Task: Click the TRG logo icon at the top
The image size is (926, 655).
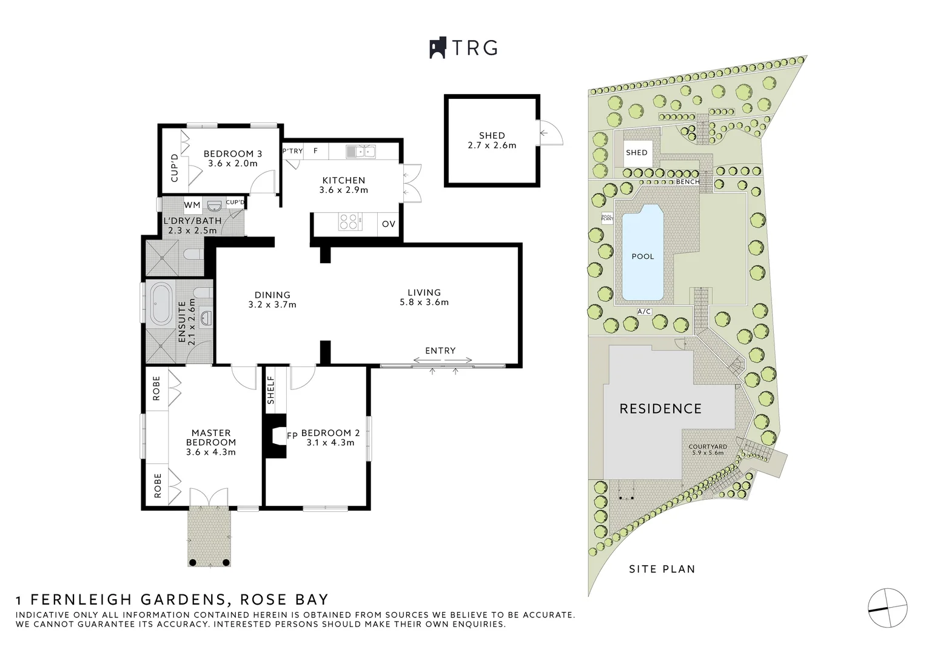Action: coord(438,48)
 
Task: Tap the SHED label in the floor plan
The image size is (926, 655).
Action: coord(491,136)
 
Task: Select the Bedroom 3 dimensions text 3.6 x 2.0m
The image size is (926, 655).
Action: coord(232,163)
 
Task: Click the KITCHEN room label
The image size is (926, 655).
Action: coord(343,180)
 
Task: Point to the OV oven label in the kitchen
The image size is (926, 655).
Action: coord(389,224)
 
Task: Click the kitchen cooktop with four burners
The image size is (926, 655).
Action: coord(348,222)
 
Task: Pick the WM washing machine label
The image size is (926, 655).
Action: coord(192,205)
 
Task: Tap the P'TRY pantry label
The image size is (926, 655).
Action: coord(292,150)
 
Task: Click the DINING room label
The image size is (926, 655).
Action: coord(272,295)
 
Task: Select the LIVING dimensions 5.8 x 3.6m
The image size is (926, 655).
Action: coord(424,302)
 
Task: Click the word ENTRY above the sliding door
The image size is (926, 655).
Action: coord(440,351)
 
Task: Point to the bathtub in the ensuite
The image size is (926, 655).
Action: coord(162,303)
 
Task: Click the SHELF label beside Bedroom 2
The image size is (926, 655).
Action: coord(271,390)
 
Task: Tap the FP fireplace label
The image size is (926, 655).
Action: coord(292,435)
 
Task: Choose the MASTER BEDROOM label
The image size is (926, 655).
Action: coord(211,437)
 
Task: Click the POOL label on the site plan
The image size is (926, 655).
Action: coord(643,257)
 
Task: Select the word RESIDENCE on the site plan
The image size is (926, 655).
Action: coord(660,409)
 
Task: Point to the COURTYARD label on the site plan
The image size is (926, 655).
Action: coord(708,446)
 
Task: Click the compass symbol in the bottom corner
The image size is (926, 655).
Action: coord(887,608)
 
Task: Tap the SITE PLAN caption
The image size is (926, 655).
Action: coord(662,569)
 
